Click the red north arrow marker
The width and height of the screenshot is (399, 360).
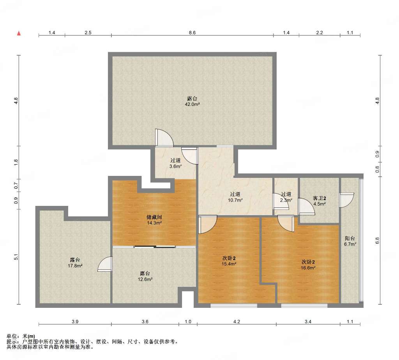(x=19, y=33)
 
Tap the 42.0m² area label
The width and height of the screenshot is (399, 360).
(x=192, y=104)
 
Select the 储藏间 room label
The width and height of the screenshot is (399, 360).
(x=154, y=218)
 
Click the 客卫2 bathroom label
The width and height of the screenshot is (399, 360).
(x=320, y=198)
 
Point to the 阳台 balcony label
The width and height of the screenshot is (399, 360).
(x=350, y=239)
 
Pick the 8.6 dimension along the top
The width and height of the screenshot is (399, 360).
(x=192, y=33)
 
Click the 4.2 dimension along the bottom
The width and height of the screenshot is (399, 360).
(x=237, y=321)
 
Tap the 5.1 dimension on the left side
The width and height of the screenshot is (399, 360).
(x=16, y=257)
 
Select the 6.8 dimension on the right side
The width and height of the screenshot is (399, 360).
(x=377, y=240)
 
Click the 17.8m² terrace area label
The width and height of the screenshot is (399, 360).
(x=75, y=266)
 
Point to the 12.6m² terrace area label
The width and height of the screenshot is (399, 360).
(x=145, y=279)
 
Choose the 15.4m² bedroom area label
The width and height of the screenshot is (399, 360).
(x=229, y=264)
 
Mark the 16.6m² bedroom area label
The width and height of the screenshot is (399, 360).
(x=308, y=268)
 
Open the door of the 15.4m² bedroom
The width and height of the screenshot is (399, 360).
(x=207, y=225)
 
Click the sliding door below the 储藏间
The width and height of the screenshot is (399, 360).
(x=155, y=247)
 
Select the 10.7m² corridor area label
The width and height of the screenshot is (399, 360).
(x=235, y=200)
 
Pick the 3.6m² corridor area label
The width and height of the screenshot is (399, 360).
(x=176, y=167)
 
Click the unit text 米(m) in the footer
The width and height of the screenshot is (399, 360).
(x=29, y=336)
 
